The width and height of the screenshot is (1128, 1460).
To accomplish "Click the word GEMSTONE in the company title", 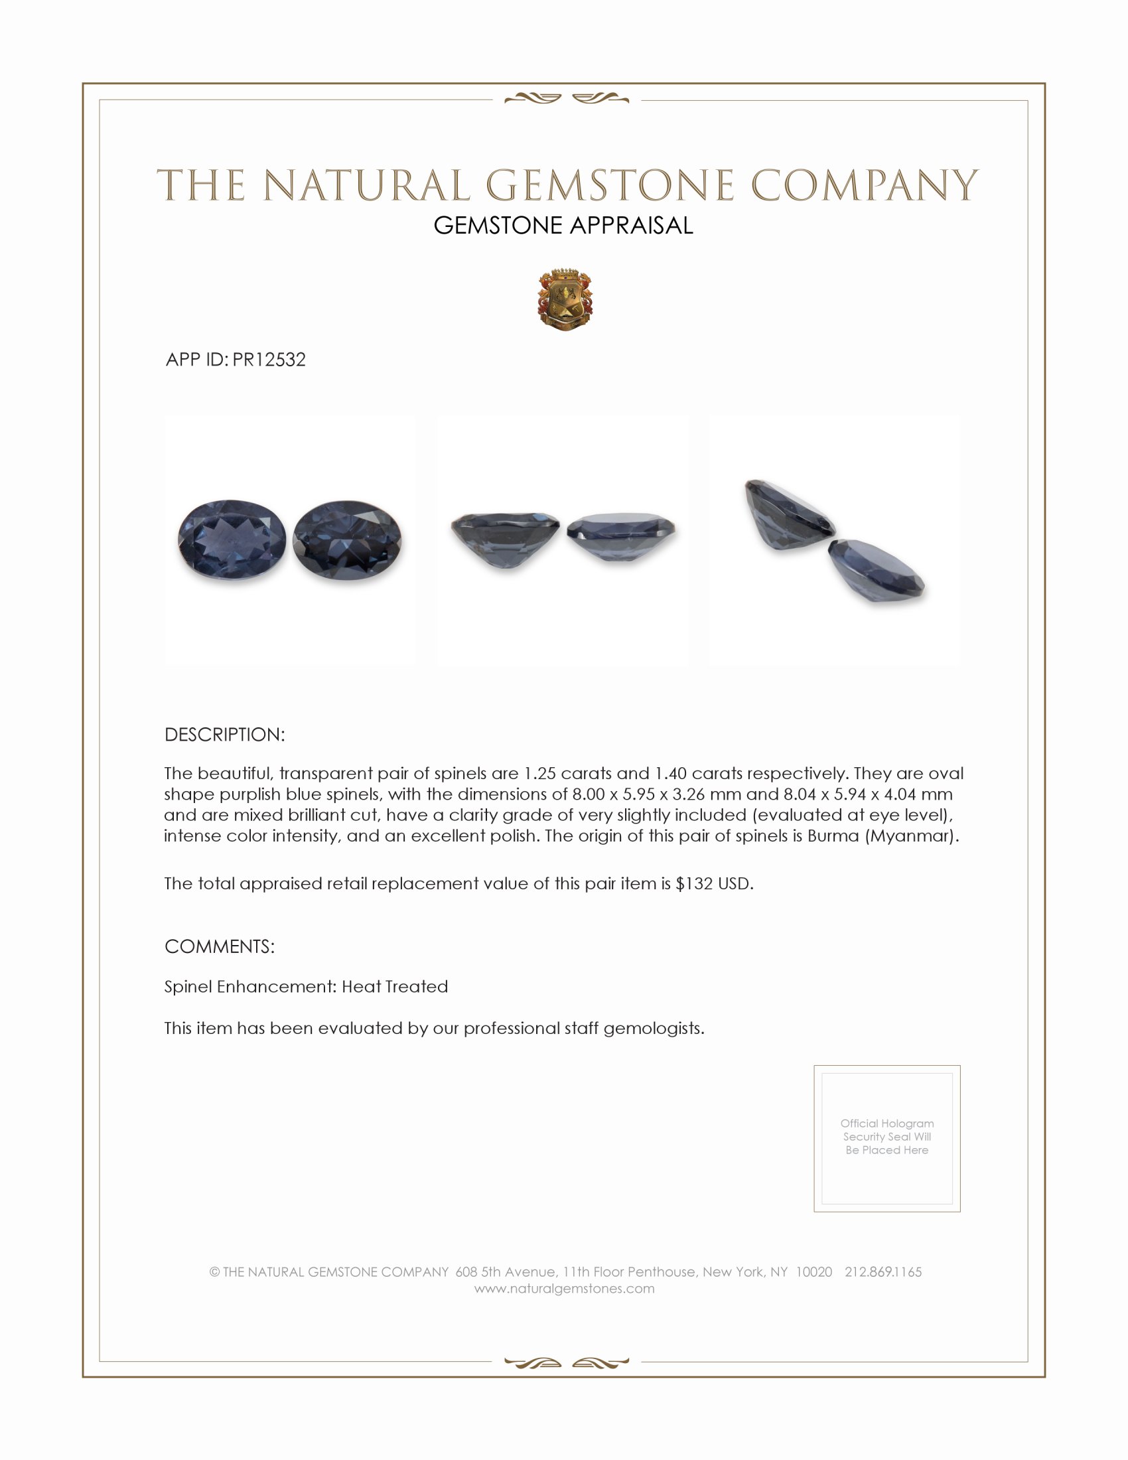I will [x=609, y=185].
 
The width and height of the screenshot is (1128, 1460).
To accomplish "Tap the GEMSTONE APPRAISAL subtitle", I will [x=563, y=226].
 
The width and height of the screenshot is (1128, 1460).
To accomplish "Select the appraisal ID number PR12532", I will [x=269, y=360].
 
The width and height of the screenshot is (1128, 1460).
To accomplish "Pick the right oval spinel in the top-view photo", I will [x=347, y=540].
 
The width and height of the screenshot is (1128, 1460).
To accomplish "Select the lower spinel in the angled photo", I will [x=875, y=570].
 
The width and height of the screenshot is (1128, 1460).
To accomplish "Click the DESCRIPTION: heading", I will [x=224, y=735].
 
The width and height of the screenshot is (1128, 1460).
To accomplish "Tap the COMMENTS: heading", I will [x=219, y=946].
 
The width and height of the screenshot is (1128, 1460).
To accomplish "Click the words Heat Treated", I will [x=395, y=987].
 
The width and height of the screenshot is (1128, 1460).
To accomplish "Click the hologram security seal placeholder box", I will [x=886, y=1137].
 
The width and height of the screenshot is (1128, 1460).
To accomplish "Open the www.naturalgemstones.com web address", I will [x=564, y=1288].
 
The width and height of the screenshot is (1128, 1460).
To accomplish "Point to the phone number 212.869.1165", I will [x=882, y=1272].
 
